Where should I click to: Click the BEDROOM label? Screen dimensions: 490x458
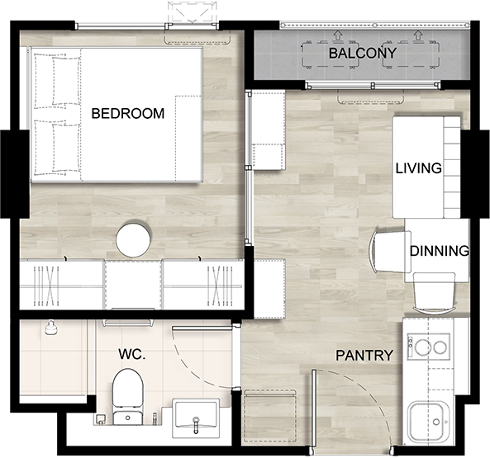tap(128, 113)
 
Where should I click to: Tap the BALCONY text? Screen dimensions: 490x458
tap(363, 54)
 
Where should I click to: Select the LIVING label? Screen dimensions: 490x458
tap(419, 168)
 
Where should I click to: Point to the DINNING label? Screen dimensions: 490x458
tap(440, 251)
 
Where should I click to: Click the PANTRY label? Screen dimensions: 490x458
tap(364, 356)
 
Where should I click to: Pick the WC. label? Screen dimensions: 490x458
tap(132, 354)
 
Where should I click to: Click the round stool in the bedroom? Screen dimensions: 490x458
tap(133, 239)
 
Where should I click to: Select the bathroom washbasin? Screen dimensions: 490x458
tap(196, 416)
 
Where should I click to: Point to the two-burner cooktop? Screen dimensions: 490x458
tap(428, 346)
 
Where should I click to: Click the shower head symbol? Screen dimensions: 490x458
tap(51, 328)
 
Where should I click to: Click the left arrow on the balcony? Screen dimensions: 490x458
tap(337, 35)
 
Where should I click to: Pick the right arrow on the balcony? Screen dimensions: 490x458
tap(416, 35)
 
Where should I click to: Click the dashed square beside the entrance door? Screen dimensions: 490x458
tap(270, 416)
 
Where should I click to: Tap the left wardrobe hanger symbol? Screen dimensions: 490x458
tap(46, 286)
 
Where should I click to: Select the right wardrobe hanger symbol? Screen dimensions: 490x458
tap(221, 286)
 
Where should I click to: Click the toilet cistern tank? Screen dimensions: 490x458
tap(128, 418)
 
